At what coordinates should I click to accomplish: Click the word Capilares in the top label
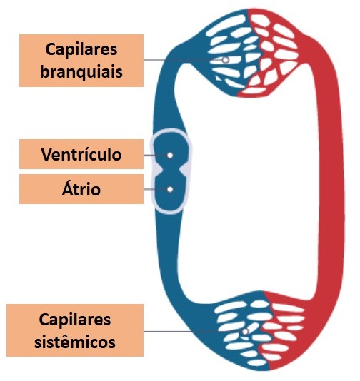pyautogui.click(x=81, y=50)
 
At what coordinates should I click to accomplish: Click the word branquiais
pyautogui.click(x=81, y=71)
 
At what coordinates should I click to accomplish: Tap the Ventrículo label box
pyautogui.click(x=81, y=154)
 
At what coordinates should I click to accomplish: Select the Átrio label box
pyautogui.click(x=81, y=189)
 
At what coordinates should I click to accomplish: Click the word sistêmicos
pyautogui.click(x=75, y=342)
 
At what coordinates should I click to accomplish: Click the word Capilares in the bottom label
pyautogui.click(x=75, y=320)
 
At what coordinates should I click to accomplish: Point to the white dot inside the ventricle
pyautogui.click(x=170, y=155)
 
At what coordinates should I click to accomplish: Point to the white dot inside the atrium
pyautogui.click(x=170, y=189)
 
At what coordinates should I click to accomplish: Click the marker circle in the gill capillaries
pyautogui.click(x=226, y=59)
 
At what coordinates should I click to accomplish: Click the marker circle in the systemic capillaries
pyautogui.click(x=246, y=332)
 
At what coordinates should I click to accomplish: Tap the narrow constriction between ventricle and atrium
pyautogui.click(x=170, y=171)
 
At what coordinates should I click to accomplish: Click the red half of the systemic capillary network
pyautogui.click(x=284, y=330)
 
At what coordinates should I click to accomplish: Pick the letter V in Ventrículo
pyautogui.click(x=47, y=154)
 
